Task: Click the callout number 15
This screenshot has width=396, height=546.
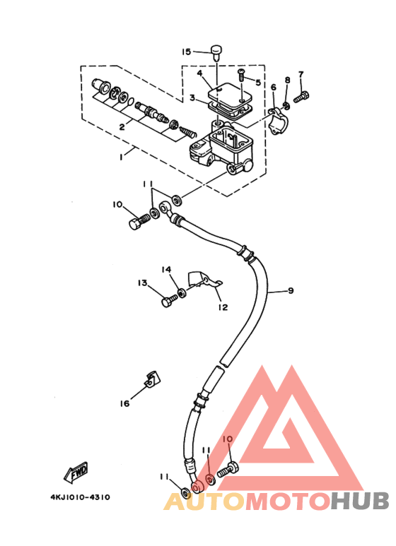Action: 187,52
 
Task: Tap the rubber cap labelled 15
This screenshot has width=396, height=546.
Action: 216,52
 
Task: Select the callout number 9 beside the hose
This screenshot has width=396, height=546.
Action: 291,290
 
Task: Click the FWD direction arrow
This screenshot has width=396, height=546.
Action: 76,473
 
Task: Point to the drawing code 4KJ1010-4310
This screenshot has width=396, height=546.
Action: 80,497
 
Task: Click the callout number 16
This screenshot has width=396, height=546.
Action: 124,403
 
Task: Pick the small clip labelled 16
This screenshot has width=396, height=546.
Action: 152,379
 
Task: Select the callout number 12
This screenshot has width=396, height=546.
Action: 223,307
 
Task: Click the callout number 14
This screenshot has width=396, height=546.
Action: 166,270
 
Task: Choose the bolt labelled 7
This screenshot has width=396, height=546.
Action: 302,97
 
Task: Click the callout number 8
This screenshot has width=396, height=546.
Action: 287,80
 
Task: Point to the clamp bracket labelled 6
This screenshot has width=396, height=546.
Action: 279,121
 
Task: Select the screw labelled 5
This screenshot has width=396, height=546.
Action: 241,75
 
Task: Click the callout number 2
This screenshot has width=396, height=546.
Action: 122,127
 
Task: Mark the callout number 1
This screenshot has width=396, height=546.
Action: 121,157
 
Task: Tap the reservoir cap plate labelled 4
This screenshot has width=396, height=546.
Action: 230,95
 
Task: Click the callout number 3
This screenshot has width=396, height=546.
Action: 192,98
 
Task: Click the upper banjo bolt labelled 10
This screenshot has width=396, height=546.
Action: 139,222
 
